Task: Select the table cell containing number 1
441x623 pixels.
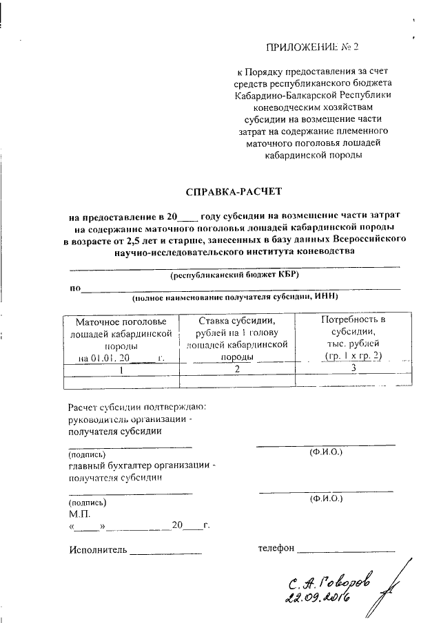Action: [x=121, y=370]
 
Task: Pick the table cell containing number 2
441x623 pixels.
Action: [x=236, y=370]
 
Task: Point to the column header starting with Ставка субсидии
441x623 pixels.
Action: [x=236, y=338]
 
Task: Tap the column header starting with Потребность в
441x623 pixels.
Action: [x=352, y=337]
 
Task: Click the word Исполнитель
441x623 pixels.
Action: [x=99, y=549]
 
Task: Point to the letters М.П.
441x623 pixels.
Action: [x=79, y=514]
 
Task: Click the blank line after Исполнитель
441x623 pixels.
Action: [x=166, y=552]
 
